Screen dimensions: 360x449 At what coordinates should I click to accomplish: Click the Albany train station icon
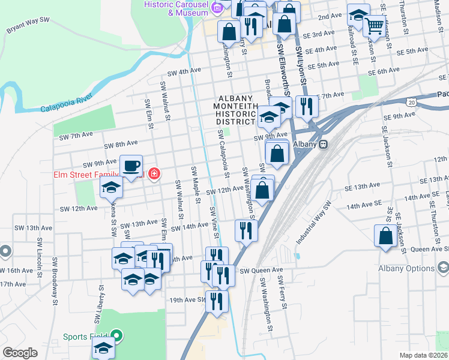pos(323,144)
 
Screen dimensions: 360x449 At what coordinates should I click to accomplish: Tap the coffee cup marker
pos(131,166)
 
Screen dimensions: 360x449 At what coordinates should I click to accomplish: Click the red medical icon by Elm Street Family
pos(154,174)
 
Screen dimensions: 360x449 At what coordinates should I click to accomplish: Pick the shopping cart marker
pos(375,25)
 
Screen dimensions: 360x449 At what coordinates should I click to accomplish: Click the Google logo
pos(20,353)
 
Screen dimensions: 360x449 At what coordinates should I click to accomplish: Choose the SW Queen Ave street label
pos(261,271)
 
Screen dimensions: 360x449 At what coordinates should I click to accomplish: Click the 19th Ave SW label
pos(187,299)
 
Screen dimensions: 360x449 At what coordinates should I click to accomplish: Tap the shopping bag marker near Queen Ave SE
pos(385,236)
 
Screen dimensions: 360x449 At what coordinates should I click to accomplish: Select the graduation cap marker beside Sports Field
pos(104,348)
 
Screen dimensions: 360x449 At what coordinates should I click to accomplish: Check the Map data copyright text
pos(423,355)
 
